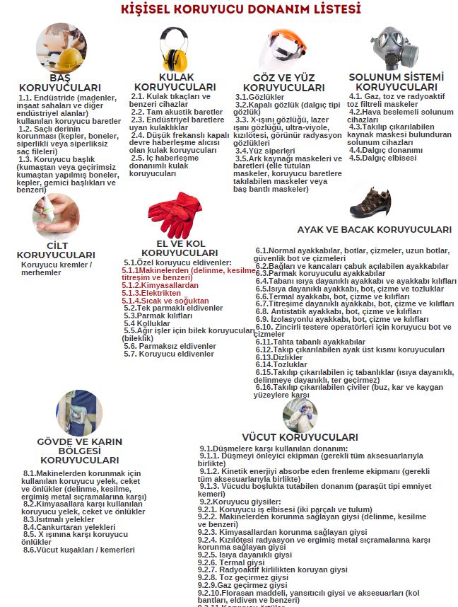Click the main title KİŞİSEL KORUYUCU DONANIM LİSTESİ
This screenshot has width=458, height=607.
point(230,10)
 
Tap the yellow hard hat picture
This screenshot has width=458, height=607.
point(61,47)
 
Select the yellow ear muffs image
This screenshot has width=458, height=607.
point(172,49)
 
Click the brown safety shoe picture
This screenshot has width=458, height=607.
point(370,203)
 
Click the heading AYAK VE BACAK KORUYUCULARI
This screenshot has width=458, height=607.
point(375,230)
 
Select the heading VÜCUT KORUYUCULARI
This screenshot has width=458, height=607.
point(300,437)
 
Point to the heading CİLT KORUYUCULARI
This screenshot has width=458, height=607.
point(56,250)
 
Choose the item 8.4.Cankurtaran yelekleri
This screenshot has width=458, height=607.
point(69,527)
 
